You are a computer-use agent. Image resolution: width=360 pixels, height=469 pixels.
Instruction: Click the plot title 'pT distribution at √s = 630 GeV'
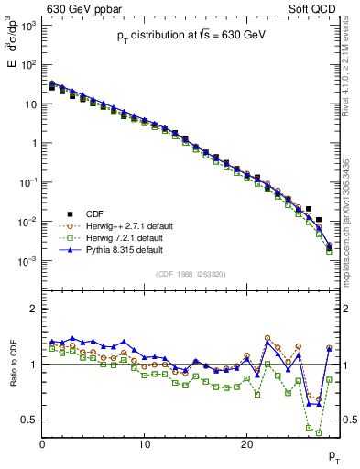pos(191,34)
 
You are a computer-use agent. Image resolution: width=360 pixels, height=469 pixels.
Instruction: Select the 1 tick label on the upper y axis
pos(33,143)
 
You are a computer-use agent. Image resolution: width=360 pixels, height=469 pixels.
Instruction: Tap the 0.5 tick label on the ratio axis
pos(28,420)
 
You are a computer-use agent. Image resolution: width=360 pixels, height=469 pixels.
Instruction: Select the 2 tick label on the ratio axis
pos(33,309)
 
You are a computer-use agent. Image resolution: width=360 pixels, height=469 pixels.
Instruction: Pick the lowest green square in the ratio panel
pos(319,431)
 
